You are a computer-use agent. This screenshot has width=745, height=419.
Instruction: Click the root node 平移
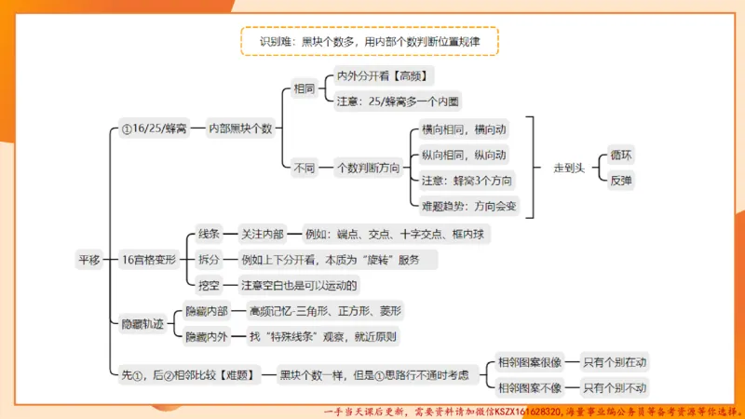[x=88, y=261]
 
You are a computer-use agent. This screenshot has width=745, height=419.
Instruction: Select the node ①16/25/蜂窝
[x=154, y=128]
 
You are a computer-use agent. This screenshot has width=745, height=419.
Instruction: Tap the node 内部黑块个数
[x=239, y=128]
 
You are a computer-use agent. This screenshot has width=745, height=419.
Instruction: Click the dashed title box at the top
[x=369, y=41]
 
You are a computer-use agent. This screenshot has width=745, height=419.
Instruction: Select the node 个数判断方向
[x=368, y=169]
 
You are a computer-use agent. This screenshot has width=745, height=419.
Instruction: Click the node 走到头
[x=568, y=169]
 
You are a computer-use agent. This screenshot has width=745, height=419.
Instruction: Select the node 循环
[x=620, y=155]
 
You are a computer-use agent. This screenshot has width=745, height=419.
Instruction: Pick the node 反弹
[x=620, y=180]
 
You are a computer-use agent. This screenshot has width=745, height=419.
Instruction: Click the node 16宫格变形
[x=149, y=261]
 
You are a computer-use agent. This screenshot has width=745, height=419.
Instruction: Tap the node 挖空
[x=210, y=285]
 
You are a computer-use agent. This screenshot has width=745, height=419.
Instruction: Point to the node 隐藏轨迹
[x=142, y=324]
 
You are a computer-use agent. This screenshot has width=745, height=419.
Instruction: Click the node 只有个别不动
[x=615, y=387]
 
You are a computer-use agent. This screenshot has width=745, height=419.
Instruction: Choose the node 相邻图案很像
[x=530, y=362]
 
